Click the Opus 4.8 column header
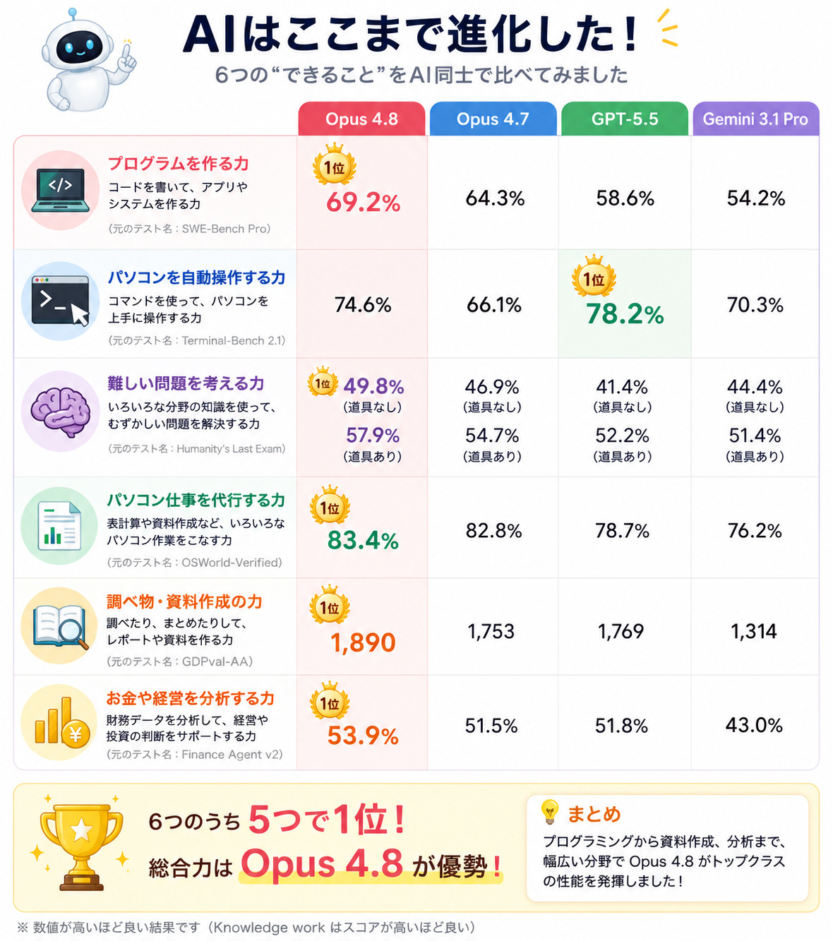pos(361,119)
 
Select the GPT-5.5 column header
pos(625,119)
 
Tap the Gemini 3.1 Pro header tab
pos(755,119)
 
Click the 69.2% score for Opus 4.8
pos(363,203)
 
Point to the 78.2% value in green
pos(625,314)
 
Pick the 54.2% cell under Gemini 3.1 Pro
pos(755,198)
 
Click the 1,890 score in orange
pos(363,643)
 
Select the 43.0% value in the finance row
pos(754,726)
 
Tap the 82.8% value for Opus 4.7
pos(493,531)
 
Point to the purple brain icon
pos(61,412)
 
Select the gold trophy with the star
pos(81,846)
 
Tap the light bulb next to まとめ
pos(550,812)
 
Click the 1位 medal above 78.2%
pos(594,276)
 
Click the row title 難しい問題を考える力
pos(186,383)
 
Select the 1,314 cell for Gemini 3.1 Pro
pos(753,632)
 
